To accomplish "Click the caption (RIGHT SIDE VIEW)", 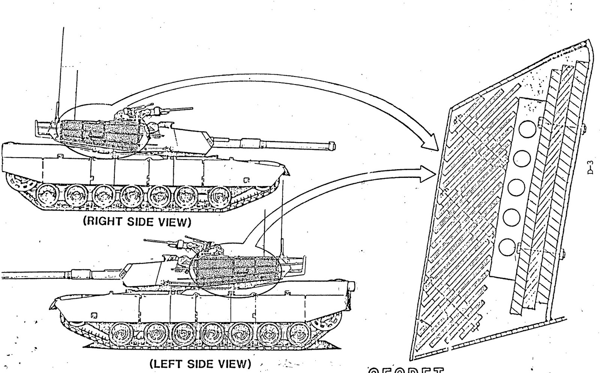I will pyautogui.click(x=137, y=222).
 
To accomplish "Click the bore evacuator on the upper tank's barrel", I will pyautogui.click(x=247, y=143).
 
